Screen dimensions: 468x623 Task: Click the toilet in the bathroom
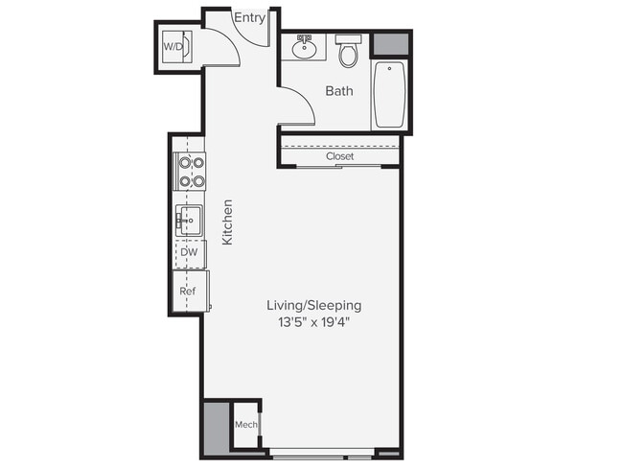pyautogui.click(x=348, y=51)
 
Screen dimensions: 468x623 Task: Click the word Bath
pyautogui.click(x=338, y=92)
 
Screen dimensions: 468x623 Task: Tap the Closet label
pyautogui.click(x=339, y=156)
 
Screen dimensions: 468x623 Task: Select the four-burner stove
pyautogui.click(x=190, y=171)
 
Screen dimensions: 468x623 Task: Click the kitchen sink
pyautogui.click(x=189, y=222)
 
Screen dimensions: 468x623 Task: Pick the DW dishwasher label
pyautogui.click(x=190, y=252)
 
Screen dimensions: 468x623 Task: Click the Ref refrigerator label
pyautogui.click(x=189, y=291)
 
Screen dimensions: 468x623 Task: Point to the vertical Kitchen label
pyautogui.click(x=228, y=222)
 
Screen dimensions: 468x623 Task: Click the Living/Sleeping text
pyautogui.click(x=313, y=305)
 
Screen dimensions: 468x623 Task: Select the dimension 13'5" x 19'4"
pyautogui.click(x=313, y=322)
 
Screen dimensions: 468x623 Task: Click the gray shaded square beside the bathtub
pyautogui.click(x=390, y=45)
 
